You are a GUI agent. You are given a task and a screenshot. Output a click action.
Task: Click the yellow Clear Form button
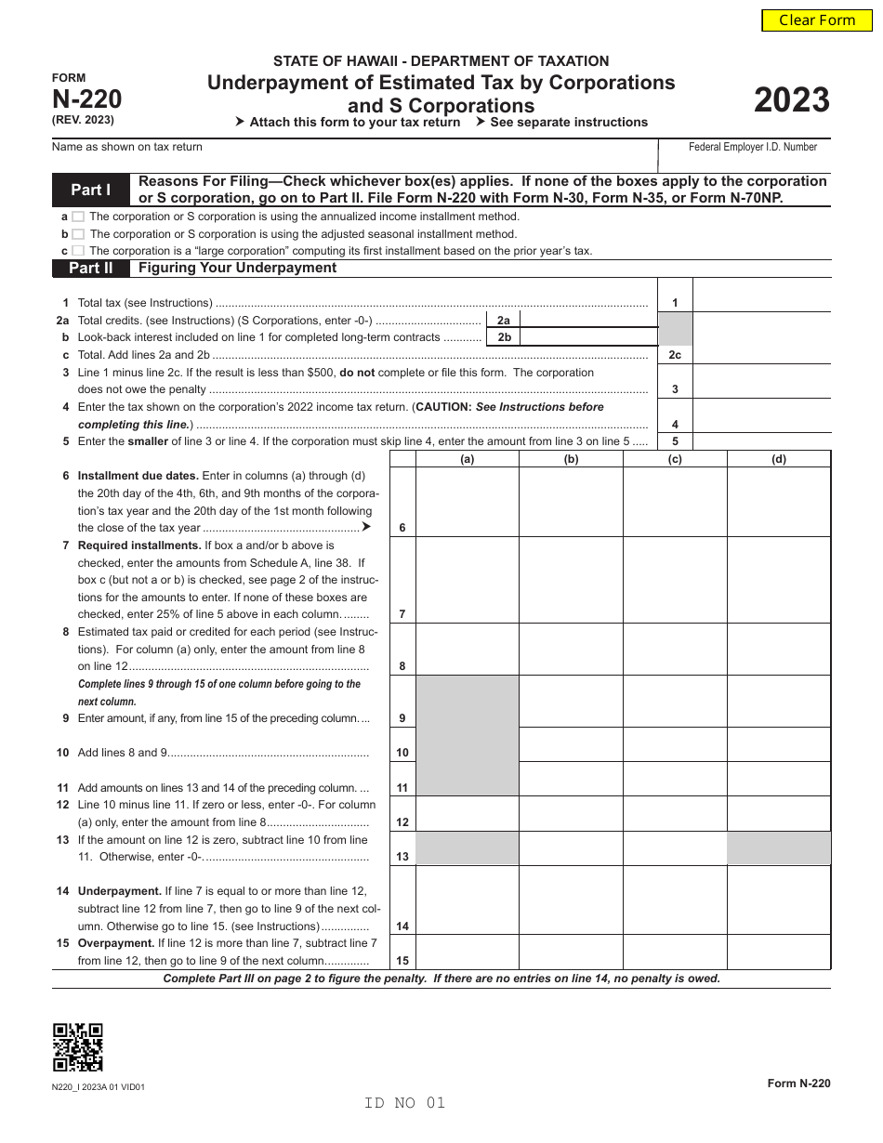[817, 20]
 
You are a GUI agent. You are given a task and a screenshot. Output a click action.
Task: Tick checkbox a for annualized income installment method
[78, 217]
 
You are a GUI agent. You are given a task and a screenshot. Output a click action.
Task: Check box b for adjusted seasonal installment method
[78, 234]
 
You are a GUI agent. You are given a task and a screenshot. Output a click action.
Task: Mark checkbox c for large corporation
[78, 251]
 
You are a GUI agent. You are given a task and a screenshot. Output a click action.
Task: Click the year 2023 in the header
[791, 100]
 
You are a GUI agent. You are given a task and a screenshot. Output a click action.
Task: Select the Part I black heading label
[91, 190]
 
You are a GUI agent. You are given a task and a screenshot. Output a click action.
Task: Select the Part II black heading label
[91, 269]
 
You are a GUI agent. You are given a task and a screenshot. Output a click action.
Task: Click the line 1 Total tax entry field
[761, 303]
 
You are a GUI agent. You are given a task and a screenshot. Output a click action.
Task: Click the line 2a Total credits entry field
[589, 320]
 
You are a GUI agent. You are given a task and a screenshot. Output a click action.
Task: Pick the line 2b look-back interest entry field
[589, 337]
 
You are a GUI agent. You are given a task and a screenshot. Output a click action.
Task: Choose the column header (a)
[467, 459]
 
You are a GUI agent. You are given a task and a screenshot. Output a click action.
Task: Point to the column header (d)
[778, 459]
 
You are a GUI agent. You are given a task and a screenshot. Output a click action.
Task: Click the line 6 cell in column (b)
[571, 502]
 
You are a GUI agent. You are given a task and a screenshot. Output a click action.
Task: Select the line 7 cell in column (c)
[675, 580]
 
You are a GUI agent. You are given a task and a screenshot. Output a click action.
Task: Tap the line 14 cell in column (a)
[467, 900]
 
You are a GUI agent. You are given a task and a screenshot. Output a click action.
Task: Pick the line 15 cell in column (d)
[778, 952]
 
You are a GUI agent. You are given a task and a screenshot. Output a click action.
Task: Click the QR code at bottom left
[78, 1047]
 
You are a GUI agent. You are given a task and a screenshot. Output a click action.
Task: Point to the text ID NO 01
[405, 1103]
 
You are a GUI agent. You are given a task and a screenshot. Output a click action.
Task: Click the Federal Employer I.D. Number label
[753, 147]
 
